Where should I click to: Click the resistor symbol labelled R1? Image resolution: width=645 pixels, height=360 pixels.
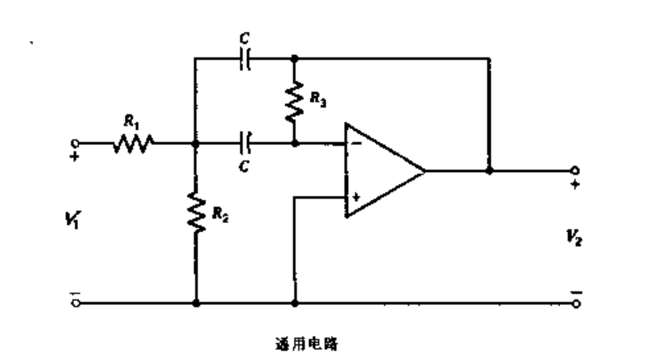[133, 143]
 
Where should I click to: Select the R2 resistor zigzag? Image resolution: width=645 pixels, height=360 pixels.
[196, 213]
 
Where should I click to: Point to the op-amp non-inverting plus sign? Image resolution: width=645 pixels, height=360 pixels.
[356, 198]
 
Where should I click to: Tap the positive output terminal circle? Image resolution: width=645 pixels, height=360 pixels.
[575, 171]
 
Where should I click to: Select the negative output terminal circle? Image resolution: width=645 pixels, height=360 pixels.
[575, 303]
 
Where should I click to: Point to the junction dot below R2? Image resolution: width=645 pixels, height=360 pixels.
[196, 303]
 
